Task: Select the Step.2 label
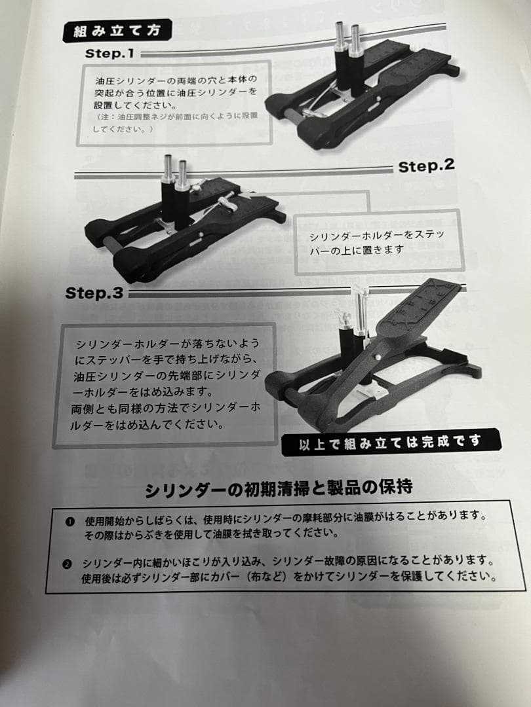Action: point(426,166)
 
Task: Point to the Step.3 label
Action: point(94,293)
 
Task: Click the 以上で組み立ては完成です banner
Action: point(391,443)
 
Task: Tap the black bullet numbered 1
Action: point(69,522)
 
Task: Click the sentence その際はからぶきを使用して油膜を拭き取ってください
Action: point(210,534)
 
